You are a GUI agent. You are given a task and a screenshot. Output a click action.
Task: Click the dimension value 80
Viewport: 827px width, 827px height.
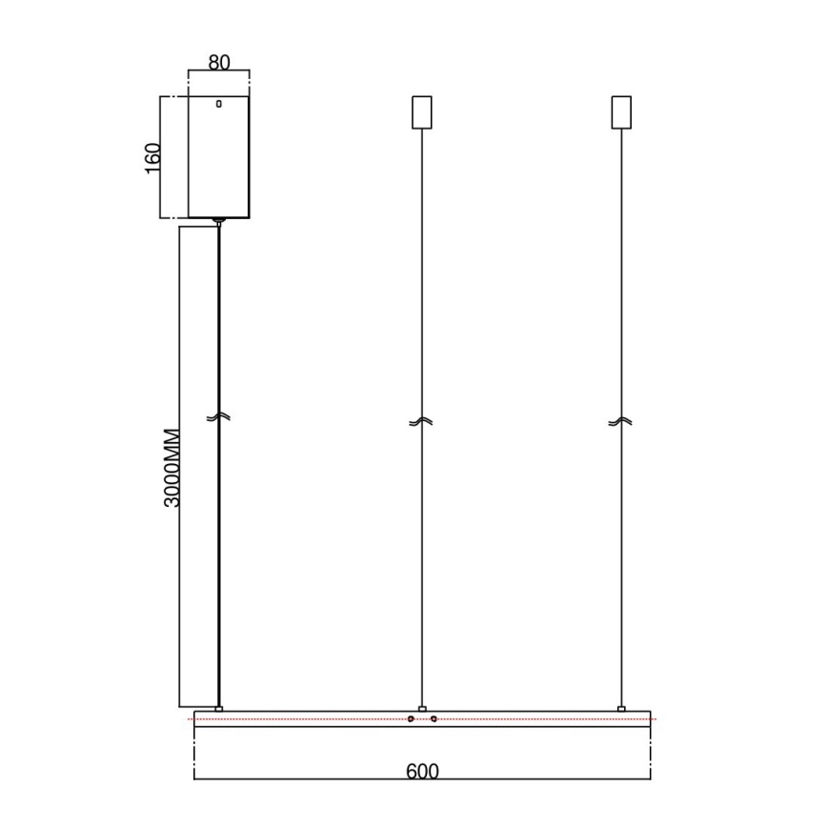(219, 63)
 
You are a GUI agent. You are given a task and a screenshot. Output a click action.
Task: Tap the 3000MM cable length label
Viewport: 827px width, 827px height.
(171, 466)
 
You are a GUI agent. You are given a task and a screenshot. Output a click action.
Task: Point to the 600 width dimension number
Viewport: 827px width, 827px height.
(422, 771)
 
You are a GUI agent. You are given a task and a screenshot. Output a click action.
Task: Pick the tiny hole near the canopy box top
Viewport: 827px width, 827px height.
(218, 104)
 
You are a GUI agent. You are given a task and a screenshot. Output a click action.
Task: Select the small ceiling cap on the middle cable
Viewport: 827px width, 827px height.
(421, 112)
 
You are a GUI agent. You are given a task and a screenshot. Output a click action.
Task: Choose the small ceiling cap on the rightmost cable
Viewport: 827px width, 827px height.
(621, 112)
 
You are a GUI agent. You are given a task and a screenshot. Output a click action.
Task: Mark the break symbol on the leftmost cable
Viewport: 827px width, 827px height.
(218, 418)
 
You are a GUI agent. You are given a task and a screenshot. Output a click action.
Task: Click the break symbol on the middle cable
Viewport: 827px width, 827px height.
(421, 421)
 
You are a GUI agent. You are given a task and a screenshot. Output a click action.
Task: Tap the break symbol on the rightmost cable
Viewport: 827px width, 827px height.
(621, 421)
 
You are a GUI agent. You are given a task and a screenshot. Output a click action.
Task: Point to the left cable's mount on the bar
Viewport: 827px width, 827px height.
(219, 708)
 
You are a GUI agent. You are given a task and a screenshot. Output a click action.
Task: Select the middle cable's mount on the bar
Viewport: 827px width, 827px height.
(421, 708)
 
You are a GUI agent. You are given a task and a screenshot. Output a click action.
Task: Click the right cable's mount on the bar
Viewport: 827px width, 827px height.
(621, 708)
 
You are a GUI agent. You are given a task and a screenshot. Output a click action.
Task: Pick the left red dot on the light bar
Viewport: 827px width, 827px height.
(411, 718)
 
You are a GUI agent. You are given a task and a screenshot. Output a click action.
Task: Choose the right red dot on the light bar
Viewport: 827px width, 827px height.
(434, 718)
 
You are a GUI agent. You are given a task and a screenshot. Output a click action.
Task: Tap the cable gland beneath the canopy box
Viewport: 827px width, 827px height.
(219, 221)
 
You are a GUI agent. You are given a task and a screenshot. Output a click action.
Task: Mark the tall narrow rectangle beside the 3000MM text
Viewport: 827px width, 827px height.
(199, 466)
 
